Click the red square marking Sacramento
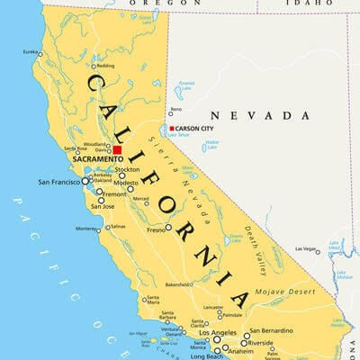(117, 149)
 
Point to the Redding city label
(106, 66)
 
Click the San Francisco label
(58, 182)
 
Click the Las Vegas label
(305, 249)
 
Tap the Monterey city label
(85, 229)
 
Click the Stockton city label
(128, 169)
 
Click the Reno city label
(175, 110)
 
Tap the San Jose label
(101, 206)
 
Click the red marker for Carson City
(172, 129)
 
